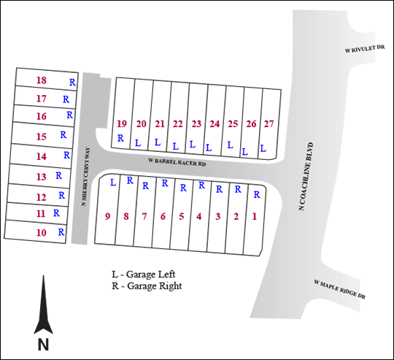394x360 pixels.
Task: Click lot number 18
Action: point(42,80)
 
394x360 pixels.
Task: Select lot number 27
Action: point(269,124)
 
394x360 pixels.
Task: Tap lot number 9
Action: point(107,216)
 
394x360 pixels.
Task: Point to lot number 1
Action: point(255,216)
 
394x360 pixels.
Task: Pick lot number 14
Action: point(42,156)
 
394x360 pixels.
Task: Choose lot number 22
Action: point(177,124)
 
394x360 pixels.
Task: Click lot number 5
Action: point(182,216)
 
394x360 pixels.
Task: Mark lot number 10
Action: point(42,232)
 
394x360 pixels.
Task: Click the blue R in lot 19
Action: point(120,138)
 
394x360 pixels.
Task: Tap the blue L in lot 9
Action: point(113,183)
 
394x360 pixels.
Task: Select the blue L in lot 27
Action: point(263,148)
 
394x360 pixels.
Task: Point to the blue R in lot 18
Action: point(72,82)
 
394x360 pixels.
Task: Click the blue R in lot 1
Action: point(257,194)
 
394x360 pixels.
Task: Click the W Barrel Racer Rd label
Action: point(177,162)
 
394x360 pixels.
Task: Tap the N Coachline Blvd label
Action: point(306,176)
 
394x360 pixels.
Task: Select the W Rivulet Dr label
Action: point(365,49)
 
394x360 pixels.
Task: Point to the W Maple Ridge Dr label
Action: point(339,289)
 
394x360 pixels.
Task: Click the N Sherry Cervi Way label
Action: point(85,177)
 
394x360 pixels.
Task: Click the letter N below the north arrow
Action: point(43,345)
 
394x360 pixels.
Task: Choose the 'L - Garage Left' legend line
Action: point(144,275)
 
